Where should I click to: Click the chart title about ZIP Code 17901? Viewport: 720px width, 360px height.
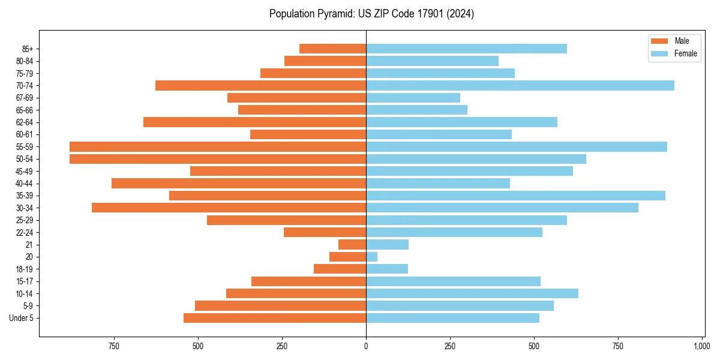click(x=371, y=14)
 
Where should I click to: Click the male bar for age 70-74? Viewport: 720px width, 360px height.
click(x=260, y=86)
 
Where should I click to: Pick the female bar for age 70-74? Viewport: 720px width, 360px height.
click(x=520, y=86)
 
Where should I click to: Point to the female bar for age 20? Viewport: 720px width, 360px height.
click(x=372, y=257)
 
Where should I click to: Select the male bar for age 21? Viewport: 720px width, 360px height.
click(x=352, y=245)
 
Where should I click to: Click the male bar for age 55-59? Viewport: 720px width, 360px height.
click(x=218, y=147)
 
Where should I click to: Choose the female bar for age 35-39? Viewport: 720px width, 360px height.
click(x=515, y=196)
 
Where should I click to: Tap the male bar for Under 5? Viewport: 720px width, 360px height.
click(x=275, y=318)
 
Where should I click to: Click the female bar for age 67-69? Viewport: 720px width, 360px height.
click(x=413, y=98)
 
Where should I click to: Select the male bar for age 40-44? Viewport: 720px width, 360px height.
click(x=239, y=184)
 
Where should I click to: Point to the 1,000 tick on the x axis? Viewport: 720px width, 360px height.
click(x=701, y=346)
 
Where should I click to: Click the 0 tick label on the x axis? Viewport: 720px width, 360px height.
click(x=366, y=346)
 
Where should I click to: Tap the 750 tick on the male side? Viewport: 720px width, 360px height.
click(x=114, y=346)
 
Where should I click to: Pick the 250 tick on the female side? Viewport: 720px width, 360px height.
click(x=450, y=346)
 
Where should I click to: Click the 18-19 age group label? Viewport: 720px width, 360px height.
click(x=23, y=269)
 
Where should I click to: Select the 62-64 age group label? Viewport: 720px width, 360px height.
click(x=23, y=122)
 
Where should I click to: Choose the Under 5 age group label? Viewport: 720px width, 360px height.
click(x=22, y=318)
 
